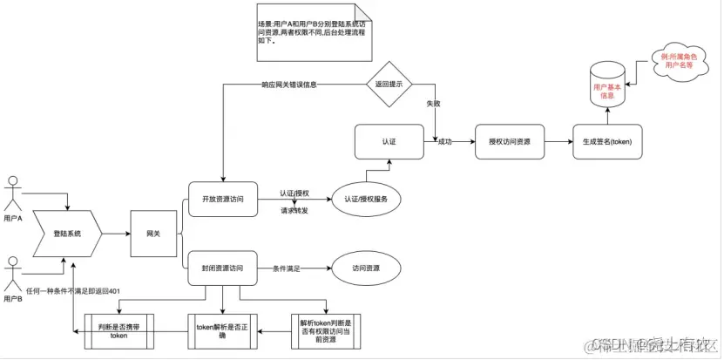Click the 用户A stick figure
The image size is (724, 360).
13,193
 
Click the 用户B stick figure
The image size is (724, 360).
13,271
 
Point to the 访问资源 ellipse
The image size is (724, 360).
365,268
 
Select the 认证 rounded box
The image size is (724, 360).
389,140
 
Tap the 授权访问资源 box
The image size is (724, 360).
510,140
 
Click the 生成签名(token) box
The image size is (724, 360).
607,140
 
